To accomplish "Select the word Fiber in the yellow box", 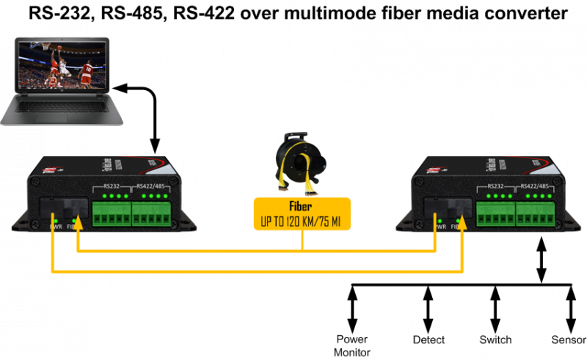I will click(301, 207).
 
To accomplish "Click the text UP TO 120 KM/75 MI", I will click(301, 220).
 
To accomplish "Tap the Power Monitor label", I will click(352, 345).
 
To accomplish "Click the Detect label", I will click(429, 340).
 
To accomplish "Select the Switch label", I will click(495, 340).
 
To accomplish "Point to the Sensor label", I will click(569, 340).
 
